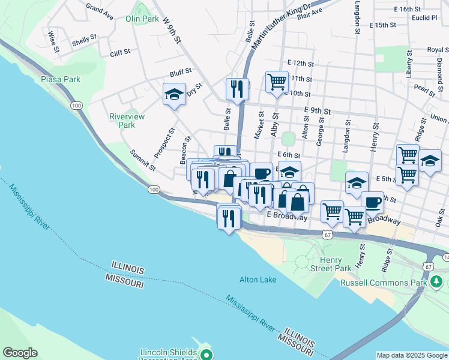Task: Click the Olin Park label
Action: [142, 19]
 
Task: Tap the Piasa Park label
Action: [60, 79]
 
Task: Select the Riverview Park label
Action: [127, 121]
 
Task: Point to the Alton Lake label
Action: [258, 280]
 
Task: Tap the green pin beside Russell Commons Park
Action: [436, 281]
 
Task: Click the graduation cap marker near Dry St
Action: [175, 94]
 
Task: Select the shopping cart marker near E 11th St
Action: [277, 81]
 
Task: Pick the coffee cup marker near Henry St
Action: [372, 202]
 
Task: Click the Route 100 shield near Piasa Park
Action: [76, 105]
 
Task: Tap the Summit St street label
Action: [143, 160]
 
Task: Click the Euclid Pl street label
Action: [425, 18]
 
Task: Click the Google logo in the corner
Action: [20, 353]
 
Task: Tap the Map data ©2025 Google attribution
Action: [411, 355]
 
